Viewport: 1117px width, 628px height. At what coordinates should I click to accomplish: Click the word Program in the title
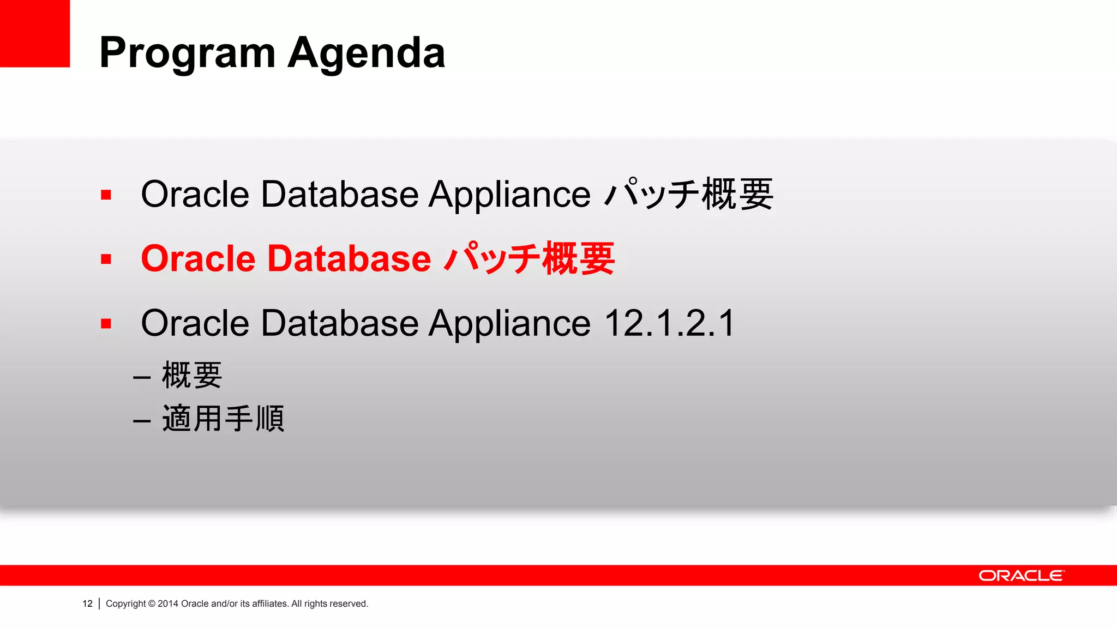click(x=187, y=53)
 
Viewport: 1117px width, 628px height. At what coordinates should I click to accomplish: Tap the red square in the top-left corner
click(x=34, y=33)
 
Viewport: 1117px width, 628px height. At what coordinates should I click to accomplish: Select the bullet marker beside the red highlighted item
click(x=106, y=259)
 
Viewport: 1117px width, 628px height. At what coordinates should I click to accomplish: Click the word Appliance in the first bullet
click(x=509, y=195)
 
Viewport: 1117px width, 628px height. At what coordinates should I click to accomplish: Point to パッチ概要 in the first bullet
click(x=689, y=195)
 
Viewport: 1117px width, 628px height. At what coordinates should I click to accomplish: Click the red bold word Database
click(x=349, y=258)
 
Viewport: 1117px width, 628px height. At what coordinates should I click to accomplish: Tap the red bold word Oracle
click(x=198, y=258)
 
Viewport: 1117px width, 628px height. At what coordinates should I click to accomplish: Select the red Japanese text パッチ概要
click(x=529, y=258)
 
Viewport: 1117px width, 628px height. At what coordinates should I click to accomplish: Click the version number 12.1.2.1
click(x=670, y=323)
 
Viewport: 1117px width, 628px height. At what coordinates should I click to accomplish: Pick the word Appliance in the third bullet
click(x=509, y=323)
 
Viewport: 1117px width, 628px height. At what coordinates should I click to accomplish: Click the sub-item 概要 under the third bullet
click(x=192, y=376)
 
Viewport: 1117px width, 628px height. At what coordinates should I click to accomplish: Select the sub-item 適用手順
click(x=223, y=419)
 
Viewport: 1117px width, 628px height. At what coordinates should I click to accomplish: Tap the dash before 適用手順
click(x=142, y=421)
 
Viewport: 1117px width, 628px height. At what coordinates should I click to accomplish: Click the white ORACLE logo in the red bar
click(x=1022, y=576)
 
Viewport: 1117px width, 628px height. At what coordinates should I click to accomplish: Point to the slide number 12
click(x=87, y=603)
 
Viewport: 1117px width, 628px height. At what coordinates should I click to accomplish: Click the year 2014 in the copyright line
click(x=168, y=603)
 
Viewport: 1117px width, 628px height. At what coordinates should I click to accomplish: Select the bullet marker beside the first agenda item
click(x=106, y=195)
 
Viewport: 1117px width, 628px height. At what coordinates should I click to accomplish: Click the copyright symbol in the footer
click(x=152, y=603)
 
